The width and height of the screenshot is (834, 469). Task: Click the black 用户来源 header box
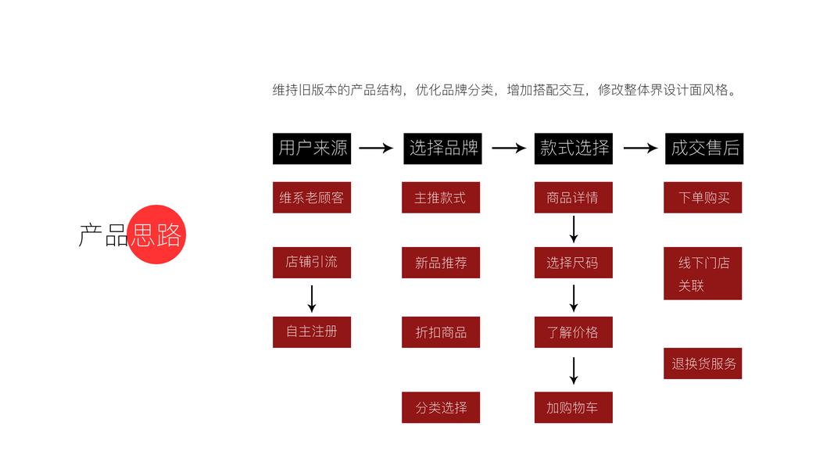[312, 148]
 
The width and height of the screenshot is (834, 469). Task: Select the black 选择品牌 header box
[442, 148]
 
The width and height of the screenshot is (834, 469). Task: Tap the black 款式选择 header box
[574, 148]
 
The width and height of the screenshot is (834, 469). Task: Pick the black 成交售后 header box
[704, 148]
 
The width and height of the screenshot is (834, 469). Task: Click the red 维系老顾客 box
[312, 198]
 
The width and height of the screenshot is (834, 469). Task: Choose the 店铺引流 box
[312, 262]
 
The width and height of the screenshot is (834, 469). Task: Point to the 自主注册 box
[312, 331]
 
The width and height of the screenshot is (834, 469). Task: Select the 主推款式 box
[441, 198]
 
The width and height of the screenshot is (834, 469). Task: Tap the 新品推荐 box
[441, 263]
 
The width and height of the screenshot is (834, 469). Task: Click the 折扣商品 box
[441, 332]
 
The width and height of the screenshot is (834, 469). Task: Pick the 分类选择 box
[441, 407]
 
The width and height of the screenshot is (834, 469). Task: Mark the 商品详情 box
[573, 198]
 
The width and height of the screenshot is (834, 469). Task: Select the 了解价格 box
[573, 332]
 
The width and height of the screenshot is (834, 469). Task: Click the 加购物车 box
[573, 407]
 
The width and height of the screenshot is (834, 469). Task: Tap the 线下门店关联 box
[703, 274]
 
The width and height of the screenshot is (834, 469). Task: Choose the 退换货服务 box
[703, 363]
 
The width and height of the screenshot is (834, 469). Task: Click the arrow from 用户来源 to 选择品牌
[376, 149]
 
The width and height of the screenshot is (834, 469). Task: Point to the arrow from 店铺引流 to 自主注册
[312, 298]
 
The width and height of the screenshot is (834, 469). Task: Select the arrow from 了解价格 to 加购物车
[574, 370]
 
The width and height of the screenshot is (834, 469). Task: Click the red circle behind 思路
[157, 234]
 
